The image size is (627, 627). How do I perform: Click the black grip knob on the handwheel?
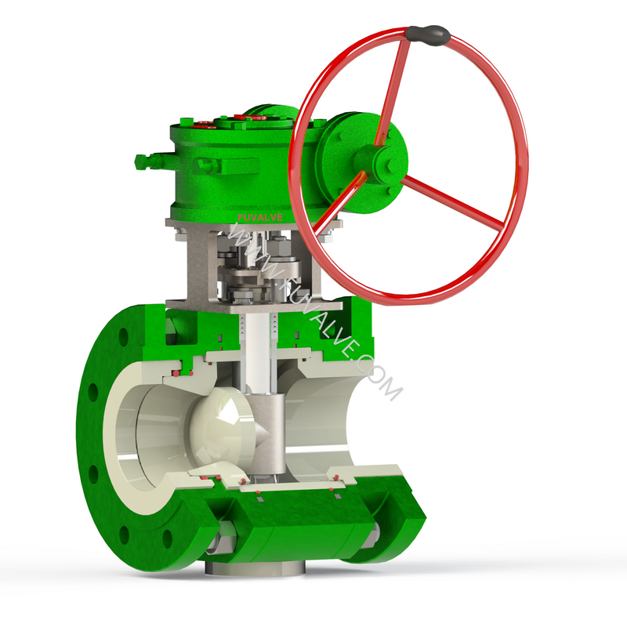pyautogui.click(x=427, y=34)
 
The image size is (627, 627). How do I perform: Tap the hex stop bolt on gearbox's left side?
pyautogui.click(x=143, y=162)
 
